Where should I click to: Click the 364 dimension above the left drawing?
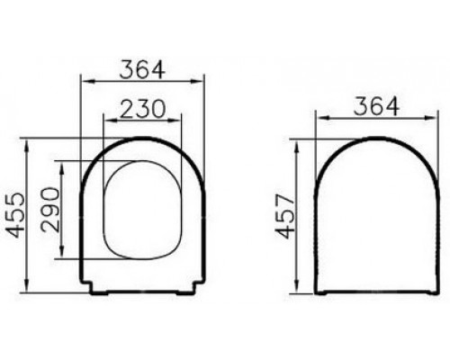pos(142,70)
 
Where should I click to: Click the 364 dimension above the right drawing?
pos(376,106)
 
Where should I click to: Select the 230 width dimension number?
pos(142,108)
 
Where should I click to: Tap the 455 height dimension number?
pos(15,215)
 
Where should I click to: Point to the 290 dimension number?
pos(50,210)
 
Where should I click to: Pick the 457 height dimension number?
pos(284,216)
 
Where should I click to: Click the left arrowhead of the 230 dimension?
pos(110,121)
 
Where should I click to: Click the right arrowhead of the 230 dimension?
pos(175,121)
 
